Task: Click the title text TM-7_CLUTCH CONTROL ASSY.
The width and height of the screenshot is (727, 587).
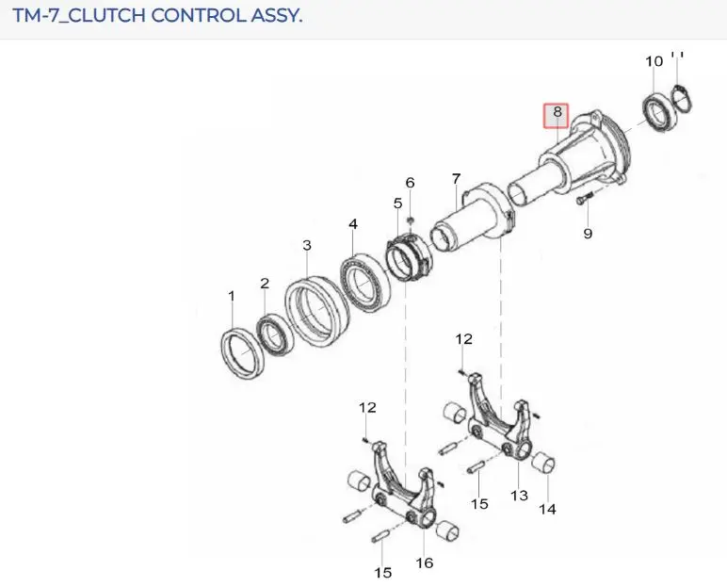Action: click(157, 15)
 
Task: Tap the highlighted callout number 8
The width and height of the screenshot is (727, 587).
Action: click(557, 112)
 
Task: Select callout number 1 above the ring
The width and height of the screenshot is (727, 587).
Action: click(232, 296)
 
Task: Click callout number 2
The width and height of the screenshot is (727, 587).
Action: click(265, 283)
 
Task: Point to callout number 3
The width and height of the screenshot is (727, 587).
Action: click(307, 245)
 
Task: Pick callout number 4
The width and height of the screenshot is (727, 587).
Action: click(353, 223)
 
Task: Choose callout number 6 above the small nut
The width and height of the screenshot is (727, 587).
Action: click(410, 183)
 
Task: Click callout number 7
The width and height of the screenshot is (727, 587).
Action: click(456, 178)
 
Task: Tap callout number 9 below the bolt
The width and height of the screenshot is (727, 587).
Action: click(588, 233)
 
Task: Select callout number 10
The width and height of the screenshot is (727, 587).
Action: click(654, 61)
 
